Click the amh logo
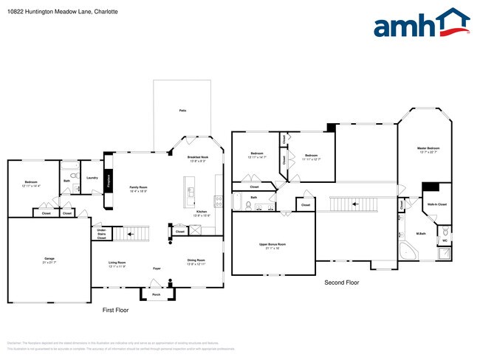point(421,24)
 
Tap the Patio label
point(182,111)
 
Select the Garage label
point(49,260)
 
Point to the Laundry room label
point(92,178)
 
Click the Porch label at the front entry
point(156,294)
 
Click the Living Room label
point(117,263)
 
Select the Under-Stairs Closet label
point(101,234)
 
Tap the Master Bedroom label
point(428,149)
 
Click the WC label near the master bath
point(445,240)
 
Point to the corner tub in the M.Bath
point(407,251)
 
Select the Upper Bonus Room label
point(272,244)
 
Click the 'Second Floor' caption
point(342,283)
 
